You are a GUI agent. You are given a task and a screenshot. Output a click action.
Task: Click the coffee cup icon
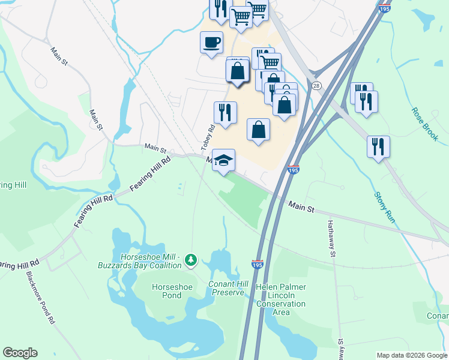pyautogui.click(x=211, y=43)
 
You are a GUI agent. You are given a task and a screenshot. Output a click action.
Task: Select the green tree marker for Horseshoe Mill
pyautogui.click(x=191, y=260)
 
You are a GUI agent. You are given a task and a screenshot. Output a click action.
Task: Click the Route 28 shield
pyautogui.click(x=316, y=86)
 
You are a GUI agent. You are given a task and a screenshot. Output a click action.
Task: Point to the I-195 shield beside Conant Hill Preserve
pyautogui.click(x=257, y=264)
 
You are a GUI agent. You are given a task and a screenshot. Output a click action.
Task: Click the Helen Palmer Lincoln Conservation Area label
pyautogui.click(x=281, y=296)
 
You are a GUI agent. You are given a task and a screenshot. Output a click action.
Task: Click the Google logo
pyautogui.click(x=20, y=353)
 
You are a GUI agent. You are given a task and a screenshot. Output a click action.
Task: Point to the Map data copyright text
pyautogui.click(x=411, y=355)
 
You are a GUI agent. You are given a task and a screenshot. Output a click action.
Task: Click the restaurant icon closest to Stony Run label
pyautogui.click(x=378, y=146)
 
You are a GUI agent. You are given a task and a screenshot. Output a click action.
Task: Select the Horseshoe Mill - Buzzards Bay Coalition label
pyautogui.click(x=151, y=260)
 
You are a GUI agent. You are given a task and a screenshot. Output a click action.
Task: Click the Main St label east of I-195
pyautogui.click(x=301, y=208)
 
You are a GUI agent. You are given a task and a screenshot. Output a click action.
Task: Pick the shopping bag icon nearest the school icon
pyautogui.click(x=258, y=130)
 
